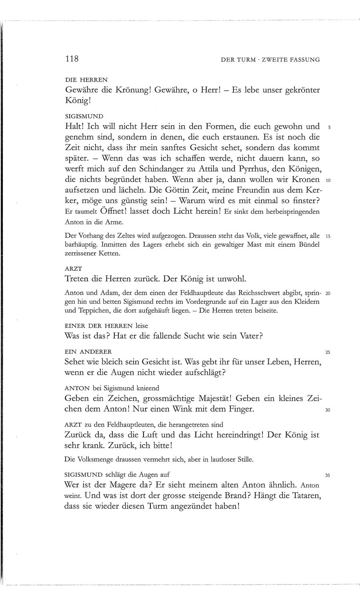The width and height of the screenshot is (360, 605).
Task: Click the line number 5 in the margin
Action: (x=328, y=129)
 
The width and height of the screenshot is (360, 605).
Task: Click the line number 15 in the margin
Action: (x=328, y=236)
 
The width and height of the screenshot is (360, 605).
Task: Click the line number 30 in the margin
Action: (x=328, y=411)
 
